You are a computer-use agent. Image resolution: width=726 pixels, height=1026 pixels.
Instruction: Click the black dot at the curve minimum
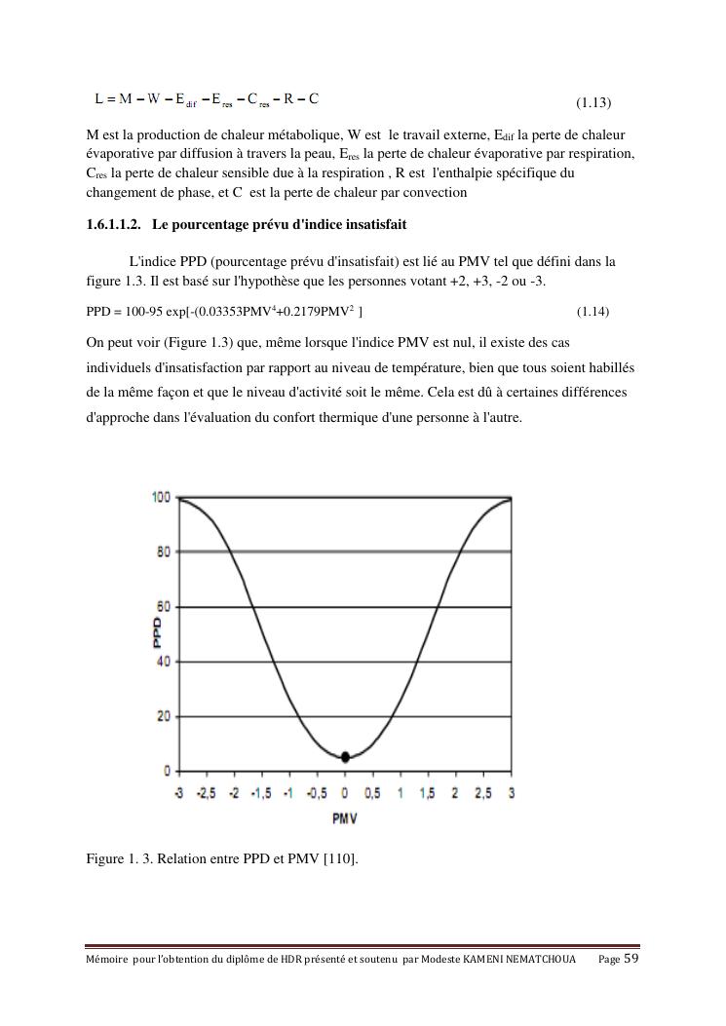coord(345,756)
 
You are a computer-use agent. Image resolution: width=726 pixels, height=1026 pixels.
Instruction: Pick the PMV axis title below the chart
coord(345,818)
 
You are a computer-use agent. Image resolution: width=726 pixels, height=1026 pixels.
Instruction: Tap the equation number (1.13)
coord(592,102)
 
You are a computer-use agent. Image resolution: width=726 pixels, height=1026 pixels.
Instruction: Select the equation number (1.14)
coord(592,312)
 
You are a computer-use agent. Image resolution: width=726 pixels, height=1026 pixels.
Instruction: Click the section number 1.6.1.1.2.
coord(115,225)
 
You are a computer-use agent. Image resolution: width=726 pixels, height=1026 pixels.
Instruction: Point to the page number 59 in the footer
coord(631,959)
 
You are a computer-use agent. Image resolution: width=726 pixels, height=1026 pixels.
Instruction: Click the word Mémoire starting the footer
coord(106,960)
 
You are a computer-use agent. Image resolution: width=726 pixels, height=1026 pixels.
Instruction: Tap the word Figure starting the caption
coord(105,859)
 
